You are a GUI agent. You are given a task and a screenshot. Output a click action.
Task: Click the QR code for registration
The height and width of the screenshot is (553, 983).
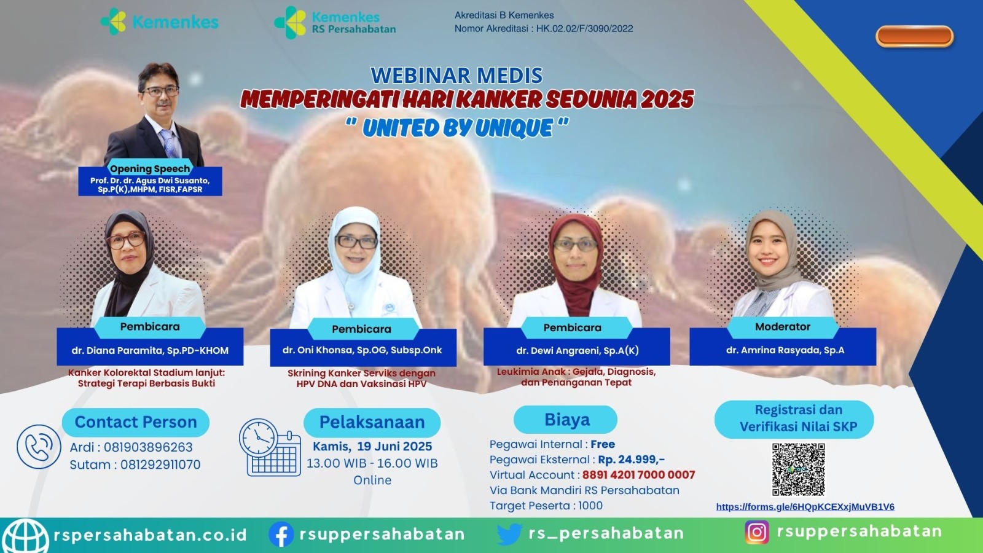798,469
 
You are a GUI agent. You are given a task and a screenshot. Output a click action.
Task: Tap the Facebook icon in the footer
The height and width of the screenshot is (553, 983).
281,534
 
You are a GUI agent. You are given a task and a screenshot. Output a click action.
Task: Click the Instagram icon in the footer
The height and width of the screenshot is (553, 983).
756,532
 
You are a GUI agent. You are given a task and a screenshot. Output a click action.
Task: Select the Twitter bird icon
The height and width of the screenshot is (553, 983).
509,534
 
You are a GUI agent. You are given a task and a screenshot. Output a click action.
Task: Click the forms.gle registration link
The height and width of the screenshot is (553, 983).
805,507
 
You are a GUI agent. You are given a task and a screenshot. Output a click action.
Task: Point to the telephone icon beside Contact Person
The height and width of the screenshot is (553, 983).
39,446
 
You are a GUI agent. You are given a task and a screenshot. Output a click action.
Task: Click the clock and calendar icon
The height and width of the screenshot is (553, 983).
270,448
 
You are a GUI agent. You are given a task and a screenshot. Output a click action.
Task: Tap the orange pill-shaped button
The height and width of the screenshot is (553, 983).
915,36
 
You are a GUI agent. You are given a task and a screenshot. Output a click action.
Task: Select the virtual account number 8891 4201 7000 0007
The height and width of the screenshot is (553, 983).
638,475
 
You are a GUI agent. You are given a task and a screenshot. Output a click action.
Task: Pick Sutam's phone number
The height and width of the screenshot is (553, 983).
160,465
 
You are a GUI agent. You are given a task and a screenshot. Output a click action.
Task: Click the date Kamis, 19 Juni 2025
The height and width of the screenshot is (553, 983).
372,447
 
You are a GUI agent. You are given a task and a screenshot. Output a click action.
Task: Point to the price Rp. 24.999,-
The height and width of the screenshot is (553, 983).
632,460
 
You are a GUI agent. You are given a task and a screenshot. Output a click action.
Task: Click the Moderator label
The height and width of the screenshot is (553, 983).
783,327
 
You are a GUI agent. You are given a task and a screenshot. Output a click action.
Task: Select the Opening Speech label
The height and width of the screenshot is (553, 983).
150,168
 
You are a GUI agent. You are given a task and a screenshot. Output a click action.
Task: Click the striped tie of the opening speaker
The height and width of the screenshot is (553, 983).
169,143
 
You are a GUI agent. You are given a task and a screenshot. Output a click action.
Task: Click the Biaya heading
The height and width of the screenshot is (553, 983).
567,420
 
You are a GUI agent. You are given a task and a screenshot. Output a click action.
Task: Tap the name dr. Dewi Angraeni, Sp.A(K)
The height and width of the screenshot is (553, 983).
578,351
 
